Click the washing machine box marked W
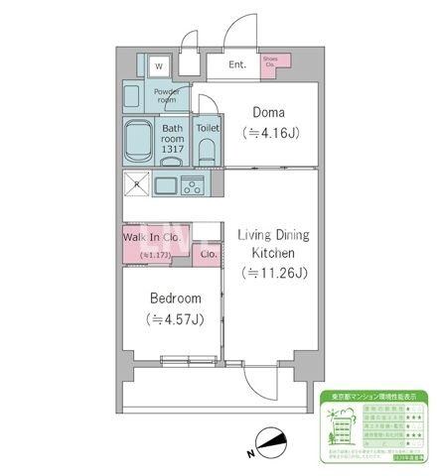click(x=158, y=66)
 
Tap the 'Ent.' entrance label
click(x=237, y=65)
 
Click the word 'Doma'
click(x=269, y=112)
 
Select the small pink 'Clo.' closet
click(x=209, y=255)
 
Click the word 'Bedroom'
click(x=176, y=298)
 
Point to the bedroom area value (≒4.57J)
click(x=176, y=318)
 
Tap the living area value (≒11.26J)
click(x=273, y=273)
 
